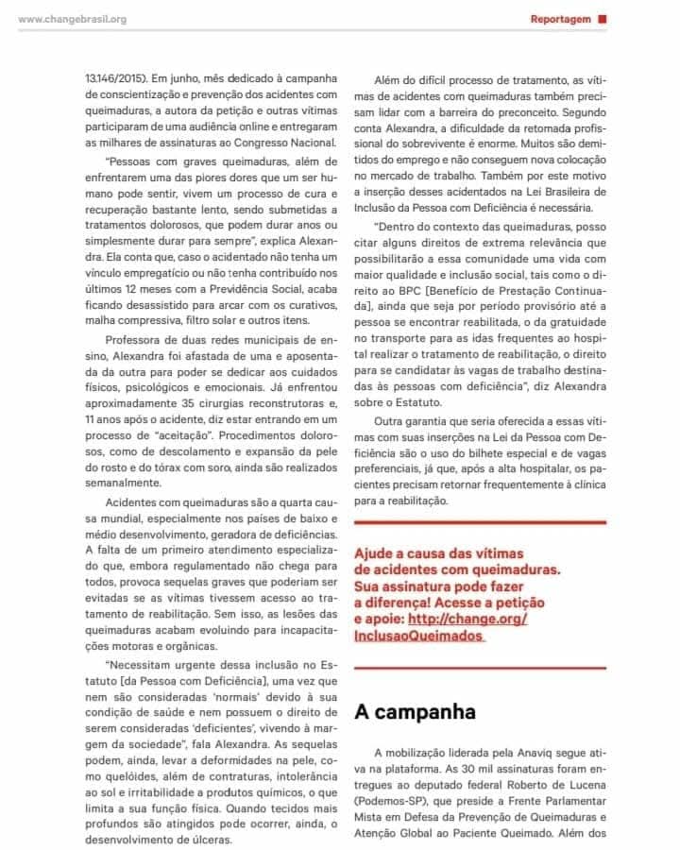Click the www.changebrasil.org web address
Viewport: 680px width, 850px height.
(x=73, y=19)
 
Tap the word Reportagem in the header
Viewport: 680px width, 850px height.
(x=561, y=19)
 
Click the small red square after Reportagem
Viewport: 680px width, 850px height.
(x=603, y=18)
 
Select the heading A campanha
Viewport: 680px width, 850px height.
(x=415, y=711)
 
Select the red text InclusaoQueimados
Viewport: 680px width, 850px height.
(x=416, y=636)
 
